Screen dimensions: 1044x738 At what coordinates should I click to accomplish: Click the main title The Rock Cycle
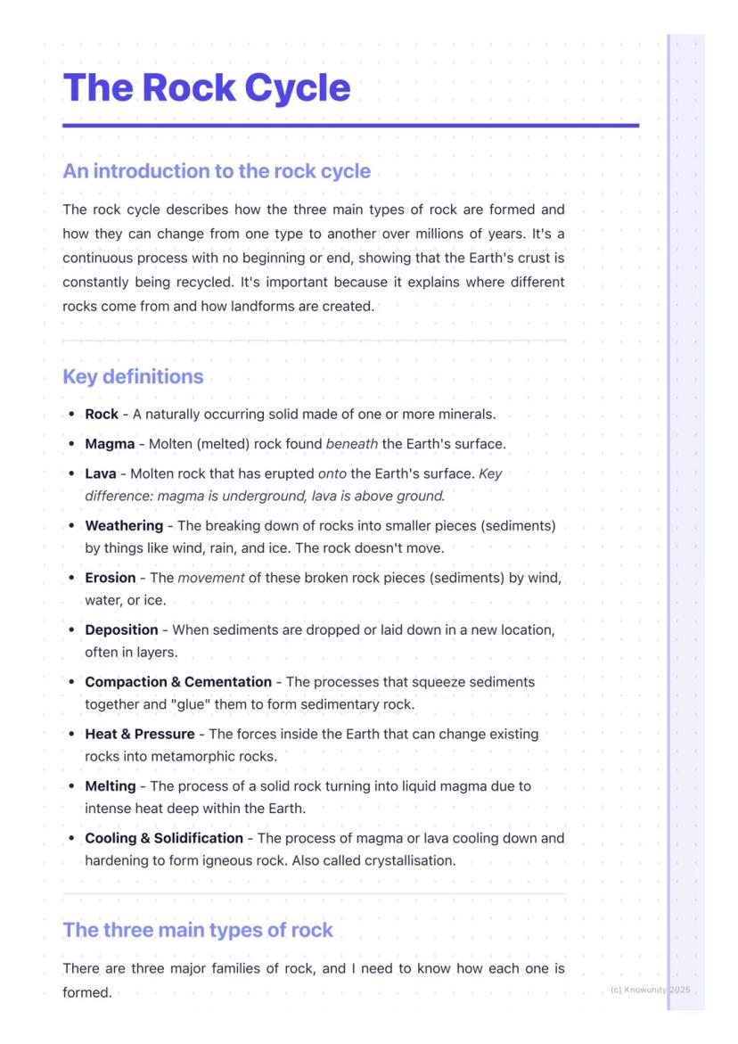(207, 87)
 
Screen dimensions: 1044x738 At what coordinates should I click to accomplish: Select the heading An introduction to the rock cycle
(217, 170)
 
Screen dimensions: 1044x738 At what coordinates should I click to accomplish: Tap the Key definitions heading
(133, 376)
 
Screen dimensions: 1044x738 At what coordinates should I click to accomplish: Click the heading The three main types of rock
(197, 930)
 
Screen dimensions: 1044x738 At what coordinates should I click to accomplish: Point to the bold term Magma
(110, 444)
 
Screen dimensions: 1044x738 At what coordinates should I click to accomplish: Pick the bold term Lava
(100, 473)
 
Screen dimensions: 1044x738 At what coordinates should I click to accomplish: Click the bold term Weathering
(124, 526)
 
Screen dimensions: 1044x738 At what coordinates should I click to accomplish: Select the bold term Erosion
(111, 578)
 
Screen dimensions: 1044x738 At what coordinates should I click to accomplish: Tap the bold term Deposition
(121, 629)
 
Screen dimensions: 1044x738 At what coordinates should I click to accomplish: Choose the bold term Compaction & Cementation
(178, 682)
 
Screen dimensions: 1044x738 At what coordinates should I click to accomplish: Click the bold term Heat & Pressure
(140, 734)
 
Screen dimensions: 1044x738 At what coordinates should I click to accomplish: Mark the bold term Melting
(111, 786)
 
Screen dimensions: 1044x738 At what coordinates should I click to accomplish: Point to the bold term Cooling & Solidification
(164, 838)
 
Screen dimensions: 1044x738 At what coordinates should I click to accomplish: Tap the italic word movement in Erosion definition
(211, 578)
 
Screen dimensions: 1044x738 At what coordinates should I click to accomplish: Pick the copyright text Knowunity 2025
(651, 991)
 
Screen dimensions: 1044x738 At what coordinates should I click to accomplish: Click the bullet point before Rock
(71, 415)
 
